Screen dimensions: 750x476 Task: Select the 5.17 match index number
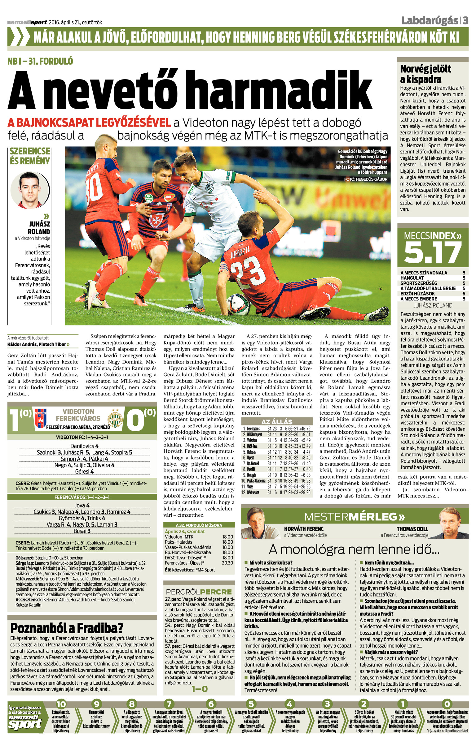[433, 252]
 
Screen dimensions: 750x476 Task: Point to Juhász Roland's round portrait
[30, 190]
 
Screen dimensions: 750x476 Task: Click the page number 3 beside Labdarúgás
[465, 21]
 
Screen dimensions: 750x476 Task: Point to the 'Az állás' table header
[277, 422]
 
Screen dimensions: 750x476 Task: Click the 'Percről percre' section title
[199, 592]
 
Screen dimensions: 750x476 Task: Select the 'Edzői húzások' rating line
[433, 294]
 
